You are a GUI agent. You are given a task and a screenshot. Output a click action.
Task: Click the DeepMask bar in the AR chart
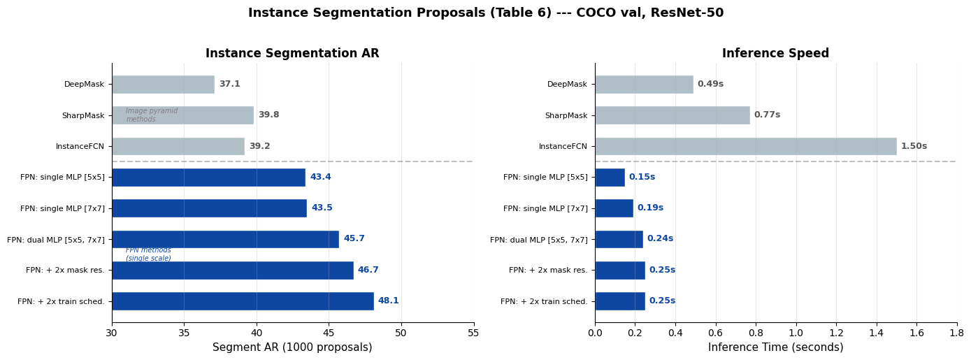tap(163, 85)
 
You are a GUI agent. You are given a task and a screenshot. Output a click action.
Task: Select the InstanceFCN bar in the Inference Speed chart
tap(745, 146)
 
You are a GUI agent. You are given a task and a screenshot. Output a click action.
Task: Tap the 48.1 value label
tap(388, 301)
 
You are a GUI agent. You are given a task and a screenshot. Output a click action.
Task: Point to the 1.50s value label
tap(914, 146)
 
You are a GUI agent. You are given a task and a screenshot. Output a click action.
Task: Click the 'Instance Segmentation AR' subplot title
tap(292, 54)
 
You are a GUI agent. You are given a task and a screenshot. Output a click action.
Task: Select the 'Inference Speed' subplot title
tap(775, 54)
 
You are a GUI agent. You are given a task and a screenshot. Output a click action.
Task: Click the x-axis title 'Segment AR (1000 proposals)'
tap(292, 347)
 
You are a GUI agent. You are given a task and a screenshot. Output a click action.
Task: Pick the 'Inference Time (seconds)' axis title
tap(775, 347)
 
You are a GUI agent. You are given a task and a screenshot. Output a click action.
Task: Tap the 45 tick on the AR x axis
tap(329, 333)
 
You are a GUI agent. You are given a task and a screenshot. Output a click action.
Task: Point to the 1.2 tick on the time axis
tap(836, 333)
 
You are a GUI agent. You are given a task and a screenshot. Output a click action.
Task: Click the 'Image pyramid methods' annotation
tap(152, 115)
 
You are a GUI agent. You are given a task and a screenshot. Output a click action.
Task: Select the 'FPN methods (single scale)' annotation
tap(148, 254)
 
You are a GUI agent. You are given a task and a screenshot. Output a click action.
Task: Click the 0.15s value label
tap(642, 178)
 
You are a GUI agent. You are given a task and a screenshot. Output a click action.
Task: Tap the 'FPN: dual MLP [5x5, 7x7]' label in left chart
tap(56, 240)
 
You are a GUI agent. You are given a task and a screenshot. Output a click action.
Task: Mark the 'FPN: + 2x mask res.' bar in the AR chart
tap(232, 271)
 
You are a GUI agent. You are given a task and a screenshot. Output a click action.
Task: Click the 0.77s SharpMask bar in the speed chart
tap(672, 115)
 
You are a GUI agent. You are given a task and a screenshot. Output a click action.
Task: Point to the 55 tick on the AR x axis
tap(473, 333)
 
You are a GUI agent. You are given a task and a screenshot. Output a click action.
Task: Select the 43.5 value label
tap(322, 208)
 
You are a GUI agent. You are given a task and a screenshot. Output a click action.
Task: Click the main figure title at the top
tap(486, 13)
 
